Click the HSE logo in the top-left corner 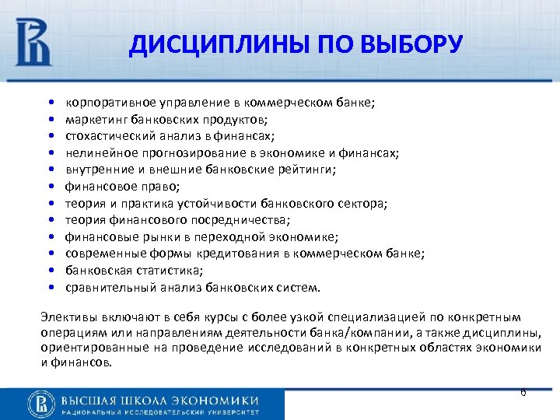coord(33,43)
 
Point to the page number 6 coord(523,392)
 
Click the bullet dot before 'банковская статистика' coord(50,271)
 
